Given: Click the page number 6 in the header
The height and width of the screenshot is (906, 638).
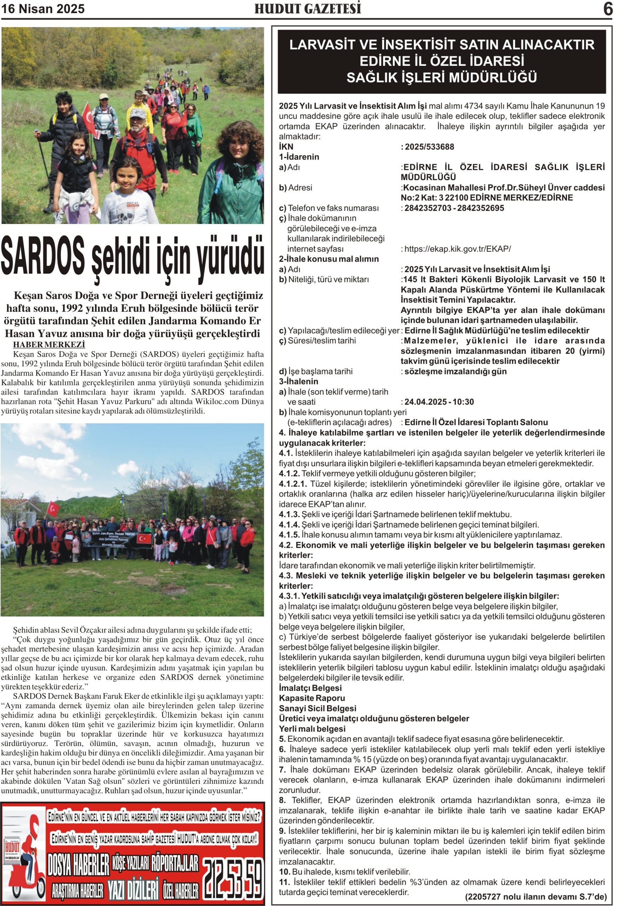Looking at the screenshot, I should pos(608,9).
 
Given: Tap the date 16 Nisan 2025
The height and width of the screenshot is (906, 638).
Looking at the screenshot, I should pos(43,9).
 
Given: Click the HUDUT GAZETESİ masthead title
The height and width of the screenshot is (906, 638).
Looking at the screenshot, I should pos(308,9).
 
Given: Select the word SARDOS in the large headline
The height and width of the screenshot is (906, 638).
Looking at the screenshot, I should pos(42,257).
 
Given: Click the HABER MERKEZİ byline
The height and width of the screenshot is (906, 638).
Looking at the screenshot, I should pos(49,344).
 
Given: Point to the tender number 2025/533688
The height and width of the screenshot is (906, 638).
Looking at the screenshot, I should pos(429,147).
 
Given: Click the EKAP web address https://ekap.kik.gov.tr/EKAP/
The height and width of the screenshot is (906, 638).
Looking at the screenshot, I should pos(457,249).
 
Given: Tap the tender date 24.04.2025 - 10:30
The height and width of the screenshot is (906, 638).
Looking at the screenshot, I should pos(439,402).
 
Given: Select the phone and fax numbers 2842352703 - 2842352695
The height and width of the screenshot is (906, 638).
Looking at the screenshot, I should pos(454,208).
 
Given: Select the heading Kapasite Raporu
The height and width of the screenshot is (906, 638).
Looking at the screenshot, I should pos(312,698).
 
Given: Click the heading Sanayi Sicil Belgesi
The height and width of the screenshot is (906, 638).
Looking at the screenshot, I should pos(318,708).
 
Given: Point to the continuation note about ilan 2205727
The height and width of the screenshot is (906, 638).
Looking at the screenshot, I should pos(536,896).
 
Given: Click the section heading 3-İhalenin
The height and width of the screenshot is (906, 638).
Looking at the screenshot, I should pos(298,381).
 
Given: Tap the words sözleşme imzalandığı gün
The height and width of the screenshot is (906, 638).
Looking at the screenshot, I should pos(456,371).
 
